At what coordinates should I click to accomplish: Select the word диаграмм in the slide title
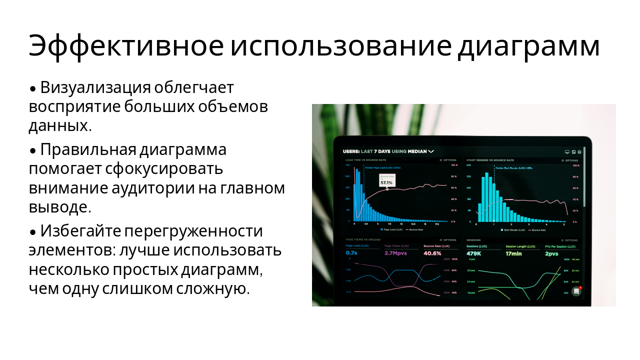(528, 46)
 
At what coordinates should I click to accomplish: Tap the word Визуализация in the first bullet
(95, 87)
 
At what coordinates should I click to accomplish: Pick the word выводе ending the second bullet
(58, 206)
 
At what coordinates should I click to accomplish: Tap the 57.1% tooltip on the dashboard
(386, 182)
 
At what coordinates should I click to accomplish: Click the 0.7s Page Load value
(351, 253)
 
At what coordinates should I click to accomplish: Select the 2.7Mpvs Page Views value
(395, 253)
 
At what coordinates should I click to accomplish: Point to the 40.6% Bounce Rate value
(432, 253)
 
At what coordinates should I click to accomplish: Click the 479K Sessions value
(474, 253)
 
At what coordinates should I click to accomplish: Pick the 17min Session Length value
(513, 253)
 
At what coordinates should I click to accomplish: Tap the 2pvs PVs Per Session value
(551, 253)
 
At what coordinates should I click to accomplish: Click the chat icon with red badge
(576, 291)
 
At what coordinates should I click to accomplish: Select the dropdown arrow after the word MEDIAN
(431, 151)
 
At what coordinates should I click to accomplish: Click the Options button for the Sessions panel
(570, 240)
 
